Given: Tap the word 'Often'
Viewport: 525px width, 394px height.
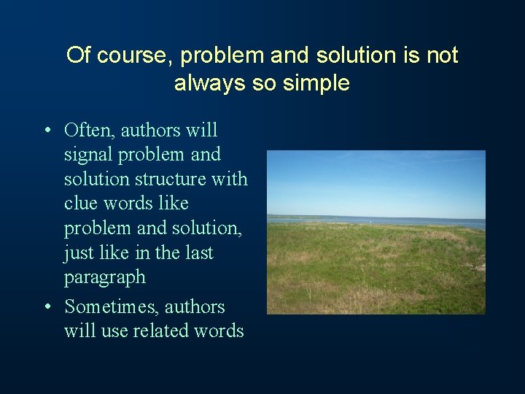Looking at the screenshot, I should [x=90, y=131].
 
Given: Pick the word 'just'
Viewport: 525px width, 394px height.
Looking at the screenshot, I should [x=78, y=253].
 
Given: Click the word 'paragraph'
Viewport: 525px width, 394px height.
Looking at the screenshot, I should [x=105, y=278].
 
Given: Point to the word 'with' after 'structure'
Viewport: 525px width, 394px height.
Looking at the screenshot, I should [x=231, y=179].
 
